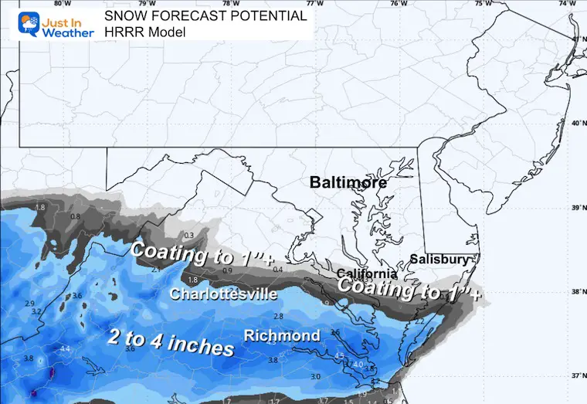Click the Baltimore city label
coord(347,183)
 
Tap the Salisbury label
coord(439,260)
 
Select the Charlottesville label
coord(223,294)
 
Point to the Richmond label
coord(282,336)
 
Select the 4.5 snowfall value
coord(339,356)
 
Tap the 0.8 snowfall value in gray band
coord(75,217)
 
